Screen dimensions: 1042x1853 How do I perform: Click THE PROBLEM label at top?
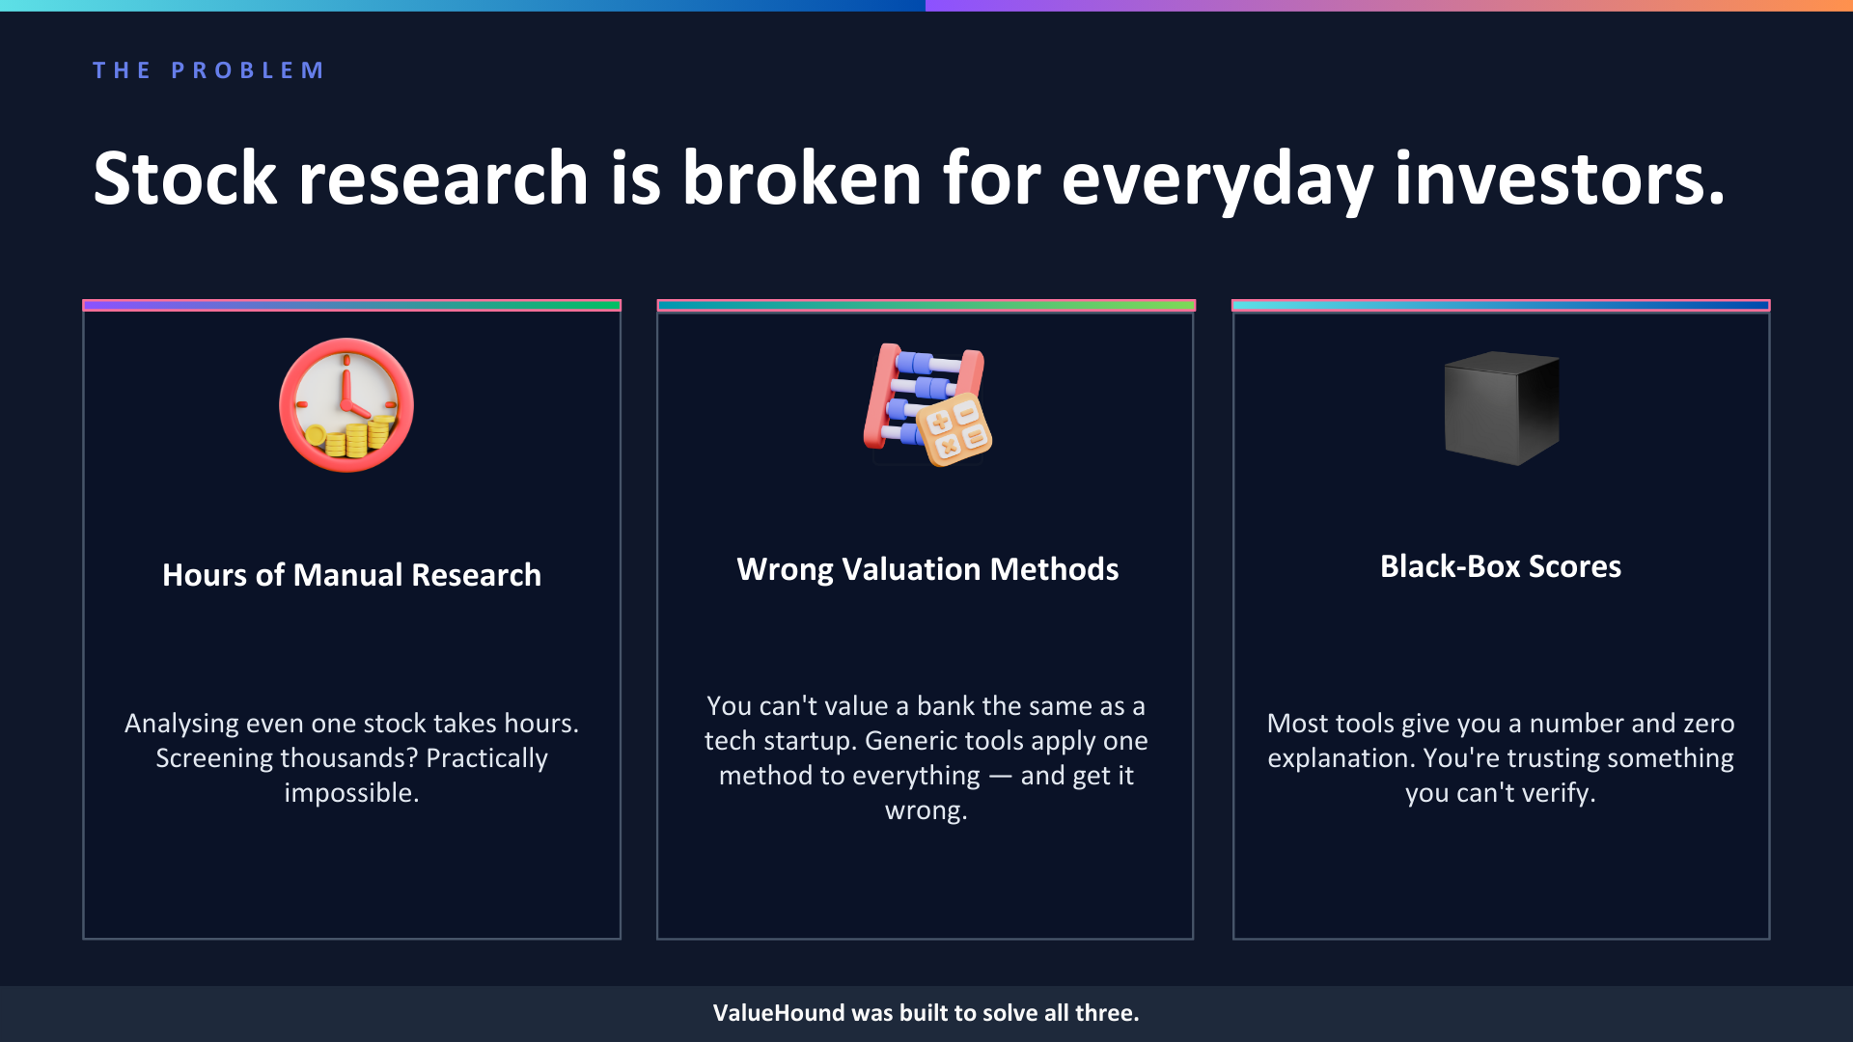(x=208, y=70)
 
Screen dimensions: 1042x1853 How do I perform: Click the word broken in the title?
(x=802, y=179)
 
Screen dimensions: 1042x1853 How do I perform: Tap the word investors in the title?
(x=1558, y=179)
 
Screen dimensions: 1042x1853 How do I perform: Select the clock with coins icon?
(x=346, y=405)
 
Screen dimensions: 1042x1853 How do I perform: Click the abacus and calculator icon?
(x=926, y=405)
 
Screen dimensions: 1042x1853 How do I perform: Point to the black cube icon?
(x=1501, y=407)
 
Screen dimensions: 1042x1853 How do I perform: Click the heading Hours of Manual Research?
(x=351, y=575)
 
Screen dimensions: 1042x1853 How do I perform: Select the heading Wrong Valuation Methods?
(x=926, y=569)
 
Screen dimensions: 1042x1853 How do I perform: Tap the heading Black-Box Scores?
(x=1500, y=566)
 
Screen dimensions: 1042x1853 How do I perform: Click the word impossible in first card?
(x=350, y=793)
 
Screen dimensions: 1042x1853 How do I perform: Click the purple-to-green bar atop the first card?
(x=351, y=305)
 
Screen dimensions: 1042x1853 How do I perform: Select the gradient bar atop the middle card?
(x=926, y=305)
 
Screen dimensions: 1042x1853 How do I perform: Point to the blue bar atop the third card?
(x=1501, y=305)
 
